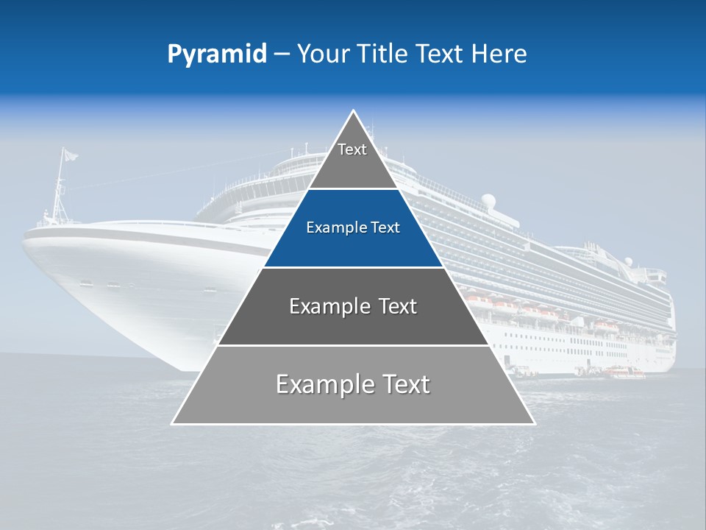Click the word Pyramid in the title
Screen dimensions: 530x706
[x=217, y=54]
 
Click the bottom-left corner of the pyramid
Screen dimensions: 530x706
[x=173, y=423]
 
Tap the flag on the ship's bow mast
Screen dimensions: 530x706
[x=70, y=155]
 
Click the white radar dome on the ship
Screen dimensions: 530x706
[x=488, y=199]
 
